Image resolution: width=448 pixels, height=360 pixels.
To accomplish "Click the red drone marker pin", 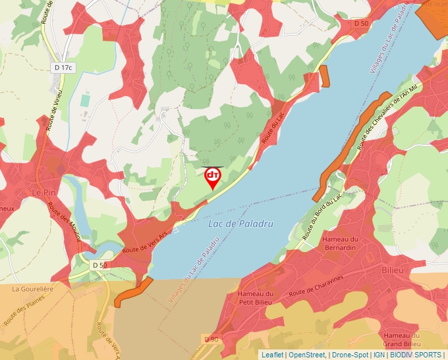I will [x=213, y=177].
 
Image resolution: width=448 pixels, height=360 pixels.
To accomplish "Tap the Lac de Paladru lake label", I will [x=240, y=224].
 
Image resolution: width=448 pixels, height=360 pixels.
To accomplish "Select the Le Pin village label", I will [x=44, y=192].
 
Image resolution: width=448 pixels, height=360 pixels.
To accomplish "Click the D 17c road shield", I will [x=63, y=68].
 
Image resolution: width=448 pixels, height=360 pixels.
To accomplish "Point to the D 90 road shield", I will [x=211, y=339].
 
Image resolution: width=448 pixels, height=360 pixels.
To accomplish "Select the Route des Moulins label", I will [x=63, y=221].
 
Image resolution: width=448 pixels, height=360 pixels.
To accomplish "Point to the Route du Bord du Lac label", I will [x=322, y=216].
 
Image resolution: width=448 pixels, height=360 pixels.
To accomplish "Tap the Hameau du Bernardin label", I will [x=341, y=244].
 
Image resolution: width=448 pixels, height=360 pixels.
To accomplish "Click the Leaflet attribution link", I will [x=273, y=355].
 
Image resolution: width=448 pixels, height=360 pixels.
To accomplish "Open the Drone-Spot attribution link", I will [x=349, y=355].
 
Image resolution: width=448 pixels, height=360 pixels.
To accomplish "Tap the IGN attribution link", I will [x=379, y=355].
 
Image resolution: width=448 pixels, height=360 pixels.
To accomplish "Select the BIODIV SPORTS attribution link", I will [x=416, y=355].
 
